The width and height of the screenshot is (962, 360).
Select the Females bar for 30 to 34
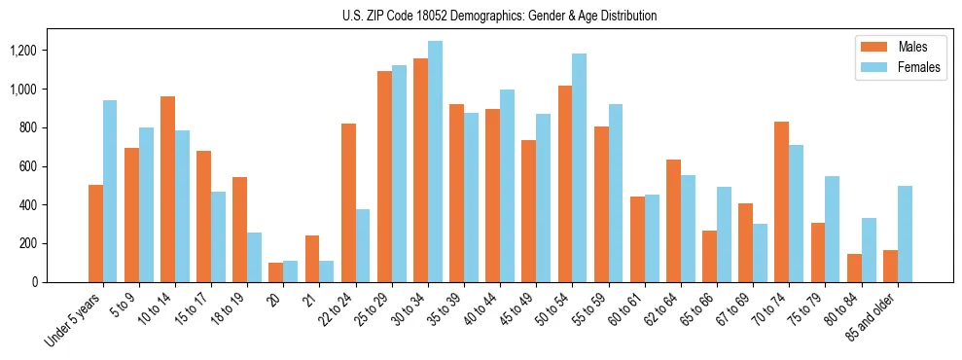[x=435, y=162]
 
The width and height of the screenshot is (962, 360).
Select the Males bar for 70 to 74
[x=781, y=201]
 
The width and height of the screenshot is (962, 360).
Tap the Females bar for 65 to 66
[x=724, y=234]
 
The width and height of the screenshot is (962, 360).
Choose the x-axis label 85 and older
[x=872, y=318]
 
